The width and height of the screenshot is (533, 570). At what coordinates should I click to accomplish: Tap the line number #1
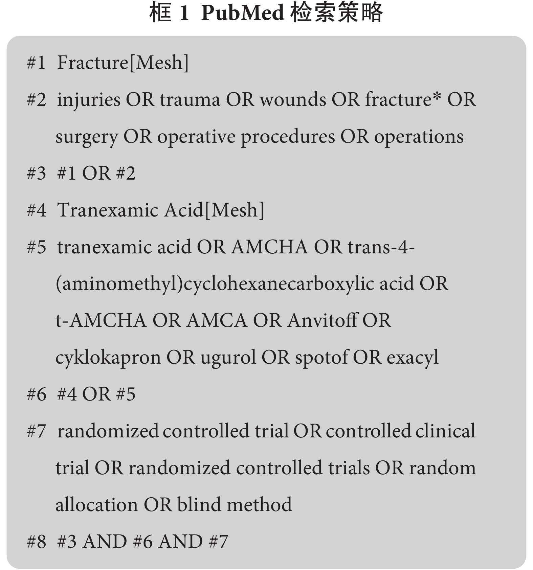(x=36, y=63)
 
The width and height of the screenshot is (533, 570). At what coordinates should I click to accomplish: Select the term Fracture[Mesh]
(x=123, y=63)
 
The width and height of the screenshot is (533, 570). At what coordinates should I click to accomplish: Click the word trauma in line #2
(x=190, y=100)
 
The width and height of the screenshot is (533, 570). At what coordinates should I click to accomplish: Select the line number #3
(x=36, y=174)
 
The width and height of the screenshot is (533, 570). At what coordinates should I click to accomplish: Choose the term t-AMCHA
(x=101, y=321)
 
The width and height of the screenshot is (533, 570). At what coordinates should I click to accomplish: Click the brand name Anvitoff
(x=322, y=320)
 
